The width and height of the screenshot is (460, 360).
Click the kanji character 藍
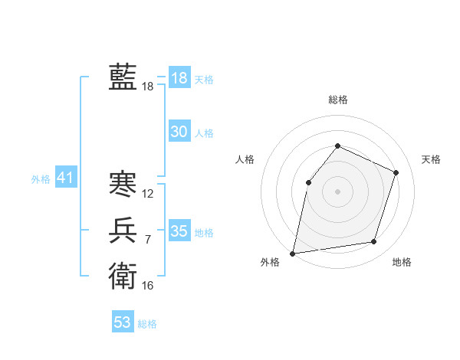(x=123, y=77)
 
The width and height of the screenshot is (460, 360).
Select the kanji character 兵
(x=123, y=230)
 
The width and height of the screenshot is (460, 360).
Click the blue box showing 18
(x=179, y=77)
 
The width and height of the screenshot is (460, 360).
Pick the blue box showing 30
(x=179, y=132)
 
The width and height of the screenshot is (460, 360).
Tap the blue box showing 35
(x=179, y=231)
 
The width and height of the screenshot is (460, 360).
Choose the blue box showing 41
(x=65, y=178)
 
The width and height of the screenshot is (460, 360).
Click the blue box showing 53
(x=123, y=322)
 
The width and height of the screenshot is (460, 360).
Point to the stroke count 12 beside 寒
(x=148, y=195)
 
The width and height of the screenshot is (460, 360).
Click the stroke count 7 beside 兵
(x=148, y=240)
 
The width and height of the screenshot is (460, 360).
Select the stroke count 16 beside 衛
(x=148, y=286)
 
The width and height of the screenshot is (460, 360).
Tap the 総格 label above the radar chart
(x=337, y=100)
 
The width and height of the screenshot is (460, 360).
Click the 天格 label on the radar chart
(x=431, y=159)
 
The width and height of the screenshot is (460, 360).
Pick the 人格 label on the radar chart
(x=245, y=159)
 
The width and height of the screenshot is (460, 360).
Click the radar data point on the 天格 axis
(x=396, y=172)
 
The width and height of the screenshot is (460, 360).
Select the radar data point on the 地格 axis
(x=374, y=242)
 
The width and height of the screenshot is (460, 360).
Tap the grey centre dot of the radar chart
(x=337, y=191)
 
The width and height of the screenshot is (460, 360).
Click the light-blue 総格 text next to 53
(x=147, y=324)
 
